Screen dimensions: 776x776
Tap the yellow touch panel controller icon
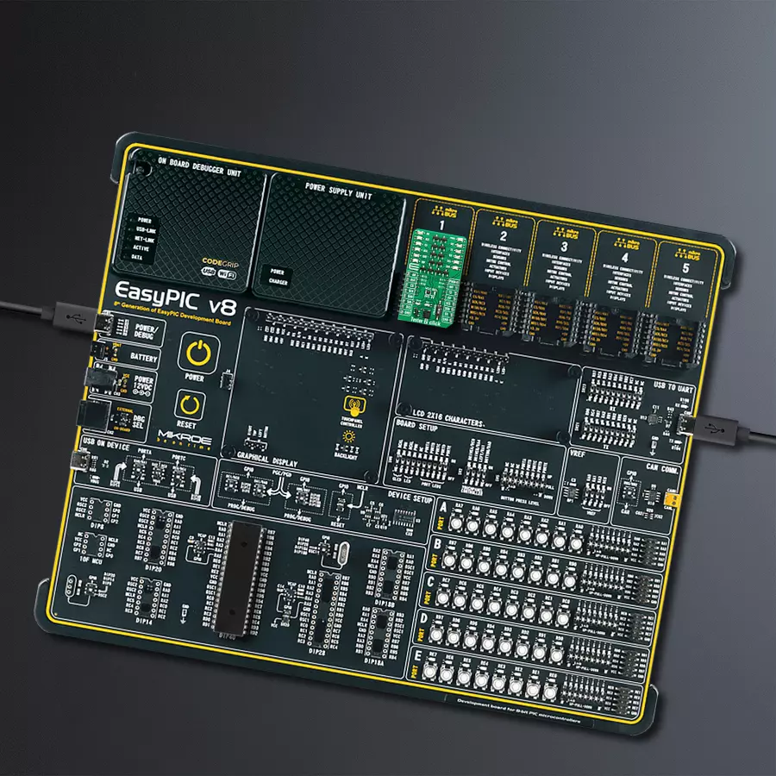point(353,405)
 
